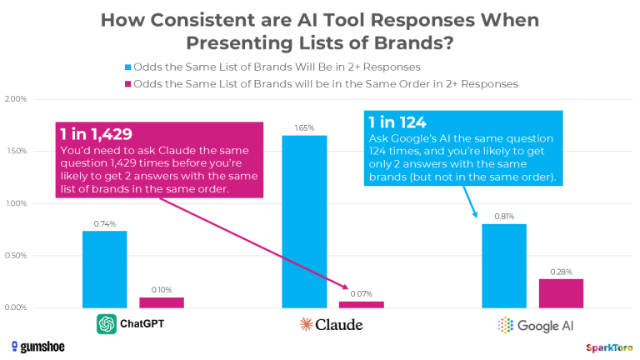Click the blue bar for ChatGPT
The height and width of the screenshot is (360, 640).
coord(104,269)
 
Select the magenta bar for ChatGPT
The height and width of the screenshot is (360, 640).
coord(161,302)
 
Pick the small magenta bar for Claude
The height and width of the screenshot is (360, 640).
coord(361,304)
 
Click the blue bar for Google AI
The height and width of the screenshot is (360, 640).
coord(504,266)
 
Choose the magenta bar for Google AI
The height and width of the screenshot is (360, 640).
coord(561,293)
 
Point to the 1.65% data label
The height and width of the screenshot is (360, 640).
coord(304,128)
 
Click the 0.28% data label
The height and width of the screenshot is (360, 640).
coord(561,272)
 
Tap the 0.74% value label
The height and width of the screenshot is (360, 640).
coord(104,224)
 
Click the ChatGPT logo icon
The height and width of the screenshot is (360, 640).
coord(106,323)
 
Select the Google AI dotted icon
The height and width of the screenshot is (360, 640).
coord(505,324)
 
